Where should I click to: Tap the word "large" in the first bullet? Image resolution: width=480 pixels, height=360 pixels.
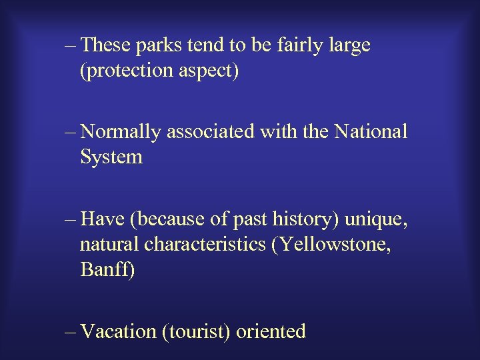pos(347,46)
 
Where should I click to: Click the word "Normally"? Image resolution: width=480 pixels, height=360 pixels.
pos(121,133)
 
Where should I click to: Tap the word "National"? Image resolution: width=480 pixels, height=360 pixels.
pos(371,133)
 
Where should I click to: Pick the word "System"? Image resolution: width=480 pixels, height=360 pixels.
pos(111,158)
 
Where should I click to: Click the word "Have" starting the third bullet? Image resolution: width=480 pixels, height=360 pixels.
pos(101,219)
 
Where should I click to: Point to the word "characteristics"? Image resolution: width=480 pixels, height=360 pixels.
pos(205,245)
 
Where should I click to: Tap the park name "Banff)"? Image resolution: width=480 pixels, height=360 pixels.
pos(107,270)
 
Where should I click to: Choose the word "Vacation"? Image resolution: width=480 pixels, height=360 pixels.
pos(119,331)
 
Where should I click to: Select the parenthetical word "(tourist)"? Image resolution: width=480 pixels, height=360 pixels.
pos(197,331)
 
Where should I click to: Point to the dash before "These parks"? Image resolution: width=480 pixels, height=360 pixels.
pos(71,47)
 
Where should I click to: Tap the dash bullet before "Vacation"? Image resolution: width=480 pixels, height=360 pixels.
pos(71,332)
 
